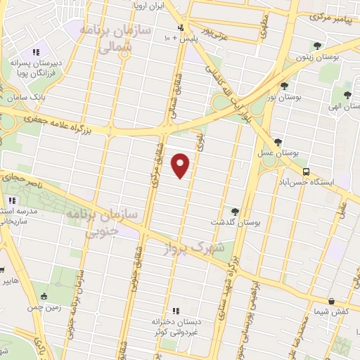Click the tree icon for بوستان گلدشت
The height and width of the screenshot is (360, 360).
(235, 212)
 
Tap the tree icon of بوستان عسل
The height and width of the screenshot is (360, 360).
(278, 142)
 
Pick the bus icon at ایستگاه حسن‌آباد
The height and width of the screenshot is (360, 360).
(305, 170)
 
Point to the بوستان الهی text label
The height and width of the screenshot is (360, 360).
(347, 105)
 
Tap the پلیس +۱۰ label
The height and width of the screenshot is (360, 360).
(180, 37)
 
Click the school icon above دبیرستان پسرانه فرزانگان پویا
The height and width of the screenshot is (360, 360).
(36, 51)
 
